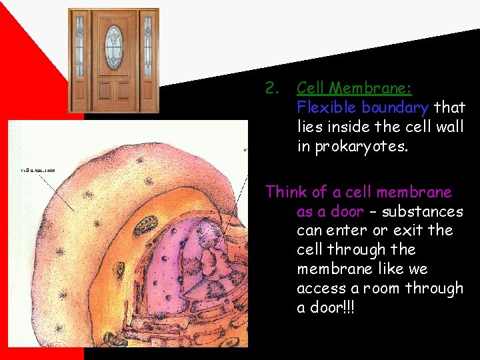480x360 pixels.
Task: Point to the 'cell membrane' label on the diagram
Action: [38, 169]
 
